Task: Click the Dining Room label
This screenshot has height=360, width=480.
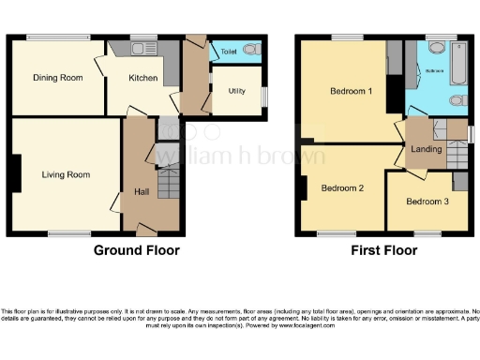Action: (53, 78)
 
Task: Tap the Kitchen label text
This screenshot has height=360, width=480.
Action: (144, 78)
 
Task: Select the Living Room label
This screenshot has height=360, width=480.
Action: (65, 174)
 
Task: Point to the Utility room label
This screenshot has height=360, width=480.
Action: (236, 91)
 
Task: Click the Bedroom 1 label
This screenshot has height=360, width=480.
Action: (351, 92)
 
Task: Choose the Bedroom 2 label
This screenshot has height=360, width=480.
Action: (342, 187)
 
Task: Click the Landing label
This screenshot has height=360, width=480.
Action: (426, 147)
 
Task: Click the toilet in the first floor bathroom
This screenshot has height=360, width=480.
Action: (457, 100)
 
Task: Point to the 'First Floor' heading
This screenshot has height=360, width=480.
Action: (384, 251)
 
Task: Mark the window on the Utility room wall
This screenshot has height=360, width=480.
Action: (263, 97)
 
